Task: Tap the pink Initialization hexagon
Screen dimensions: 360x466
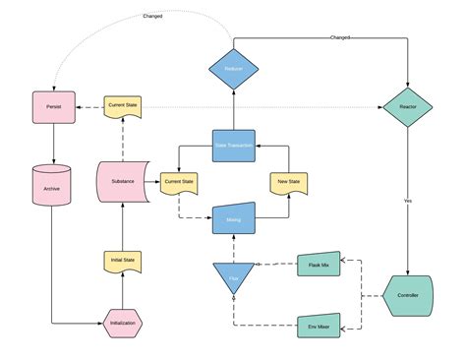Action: (x=122, y=323)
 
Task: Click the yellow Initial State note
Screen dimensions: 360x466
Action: (x=122, y=261)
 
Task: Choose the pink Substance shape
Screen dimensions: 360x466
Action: (x=122, y=183)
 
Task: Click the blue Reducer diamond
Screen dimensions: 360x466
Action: (x=233, y=68)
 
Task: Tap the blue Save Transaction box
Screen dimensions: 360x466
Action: (x=233, y=145)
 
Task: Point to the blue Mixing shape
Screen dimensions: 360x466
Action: (x=233, y=220)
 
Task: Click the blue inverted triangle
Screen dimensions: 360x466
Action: (x=233, y=278)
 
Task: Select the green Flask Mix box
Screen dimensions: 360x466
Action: (x=319, y=267)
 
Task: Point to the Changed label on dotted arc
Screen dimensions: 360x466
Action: (x=153, y=16)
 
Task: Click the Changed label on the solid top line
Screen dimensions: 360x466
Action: (x=340, y=37)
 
